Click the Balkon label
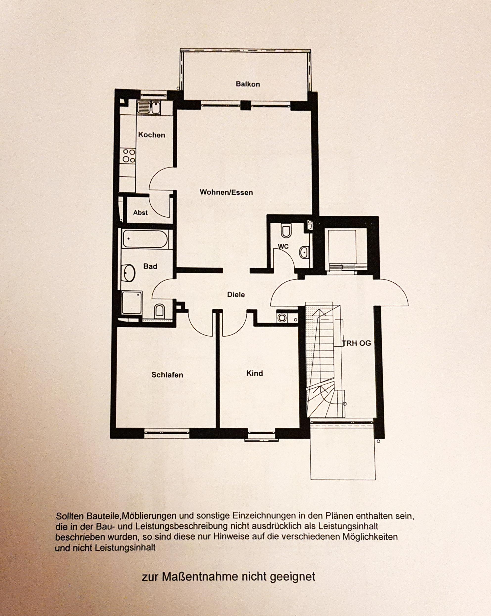pyautogui.click(x=248, y=84)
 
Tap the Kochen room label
pyautogui.click(x=152, y=135)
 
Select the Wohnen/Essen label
pyautogui.click(x=226, y=192)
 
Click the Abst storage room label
pyautogui.click(x=140, y=212)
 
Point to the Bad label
pyautogui.click(x=150, y=266)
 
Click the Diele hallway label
pyautogui.click(x=236, y=295)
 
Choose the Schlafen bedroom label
pyautogui.click(x=167, y=375)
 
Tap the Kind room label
pyautogui.click(x=255, y=373)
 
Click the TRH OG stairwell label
pyautogui.click(x=357, y=343)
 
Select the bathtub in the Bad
pyautogui.click(x=145, y=239)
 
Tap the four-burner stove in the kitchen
pyautogui.click(x=128, y=156)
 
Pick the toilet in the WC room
pyautogui.click(x=286, y=231)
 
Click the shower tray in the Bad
pyautogui.click(x=132, y=303)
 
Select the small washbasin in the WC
pyautogui.click(x=304, y=252)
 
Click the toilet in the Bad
pyautogui.click(x=159, y=311)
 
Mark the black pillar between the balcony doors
pyautogui.click(x=245, y=106)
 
